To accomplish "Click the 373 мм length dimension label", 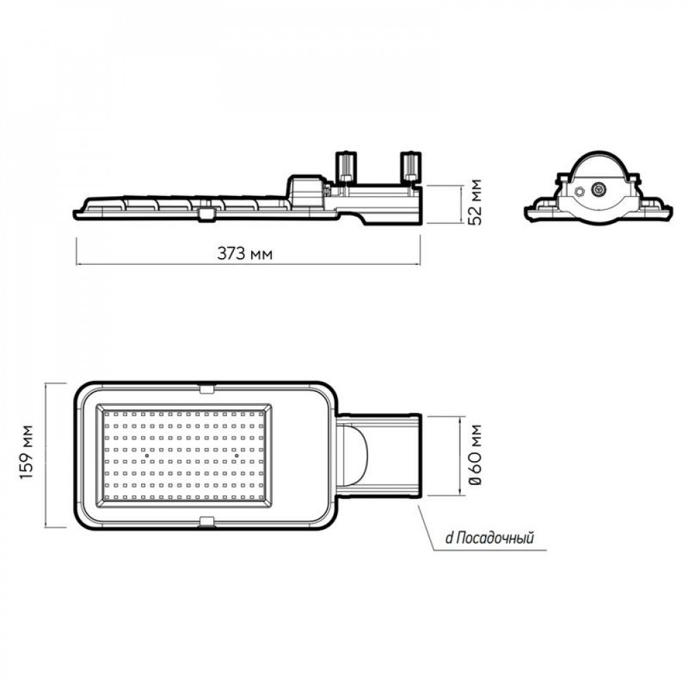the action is [244, 253].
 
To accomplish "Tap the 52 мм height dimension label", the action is [474, 202].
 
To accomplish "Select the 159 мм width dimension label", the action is [28, 453].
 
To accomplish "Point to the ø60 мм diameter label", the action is [475, 455].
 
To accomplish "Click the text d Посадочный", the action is [490, 537].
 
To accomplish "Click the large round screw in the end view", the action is [598, 190].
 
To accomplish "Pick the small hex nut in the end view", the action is [579, 191].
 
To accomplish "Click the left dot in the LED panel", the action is [147, 456].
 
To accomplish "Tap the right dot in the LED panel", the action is [236, 456].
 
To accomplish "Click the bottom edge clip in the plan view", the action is [206, 521].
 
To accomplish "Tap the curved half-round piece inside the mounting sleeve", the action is [356, 455].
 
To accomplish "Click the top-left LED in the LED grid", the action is [108, 413].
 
